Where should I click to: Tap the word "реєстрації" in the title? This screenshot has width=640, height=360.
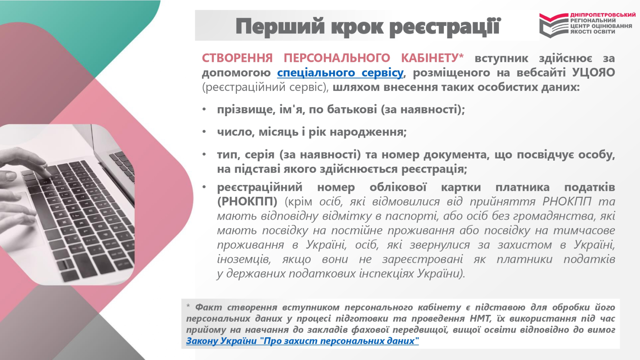[445, 27]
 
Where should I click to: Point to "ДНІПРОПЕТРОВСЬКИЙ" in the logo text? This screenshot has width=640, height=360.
[603, 15]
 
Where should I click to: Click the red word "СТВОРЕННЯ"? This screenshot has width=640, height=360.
[237, 58]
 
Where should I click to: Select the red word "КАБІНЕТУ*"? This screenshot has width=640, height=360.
[432, 58]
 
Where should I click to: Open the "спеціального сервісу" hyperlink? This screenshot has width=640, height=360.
[340, 72]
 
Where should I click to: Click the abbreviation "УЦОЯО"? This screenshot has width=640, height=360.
[593, 72]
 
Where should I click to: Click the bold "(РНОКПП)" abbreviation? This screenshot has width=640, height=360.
[247, 202]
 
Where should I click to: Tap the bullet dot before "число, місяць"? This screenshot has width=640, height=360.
[204, 132]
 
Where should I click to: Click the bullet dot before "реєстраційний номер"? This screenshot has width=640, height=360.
[204, 187]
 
